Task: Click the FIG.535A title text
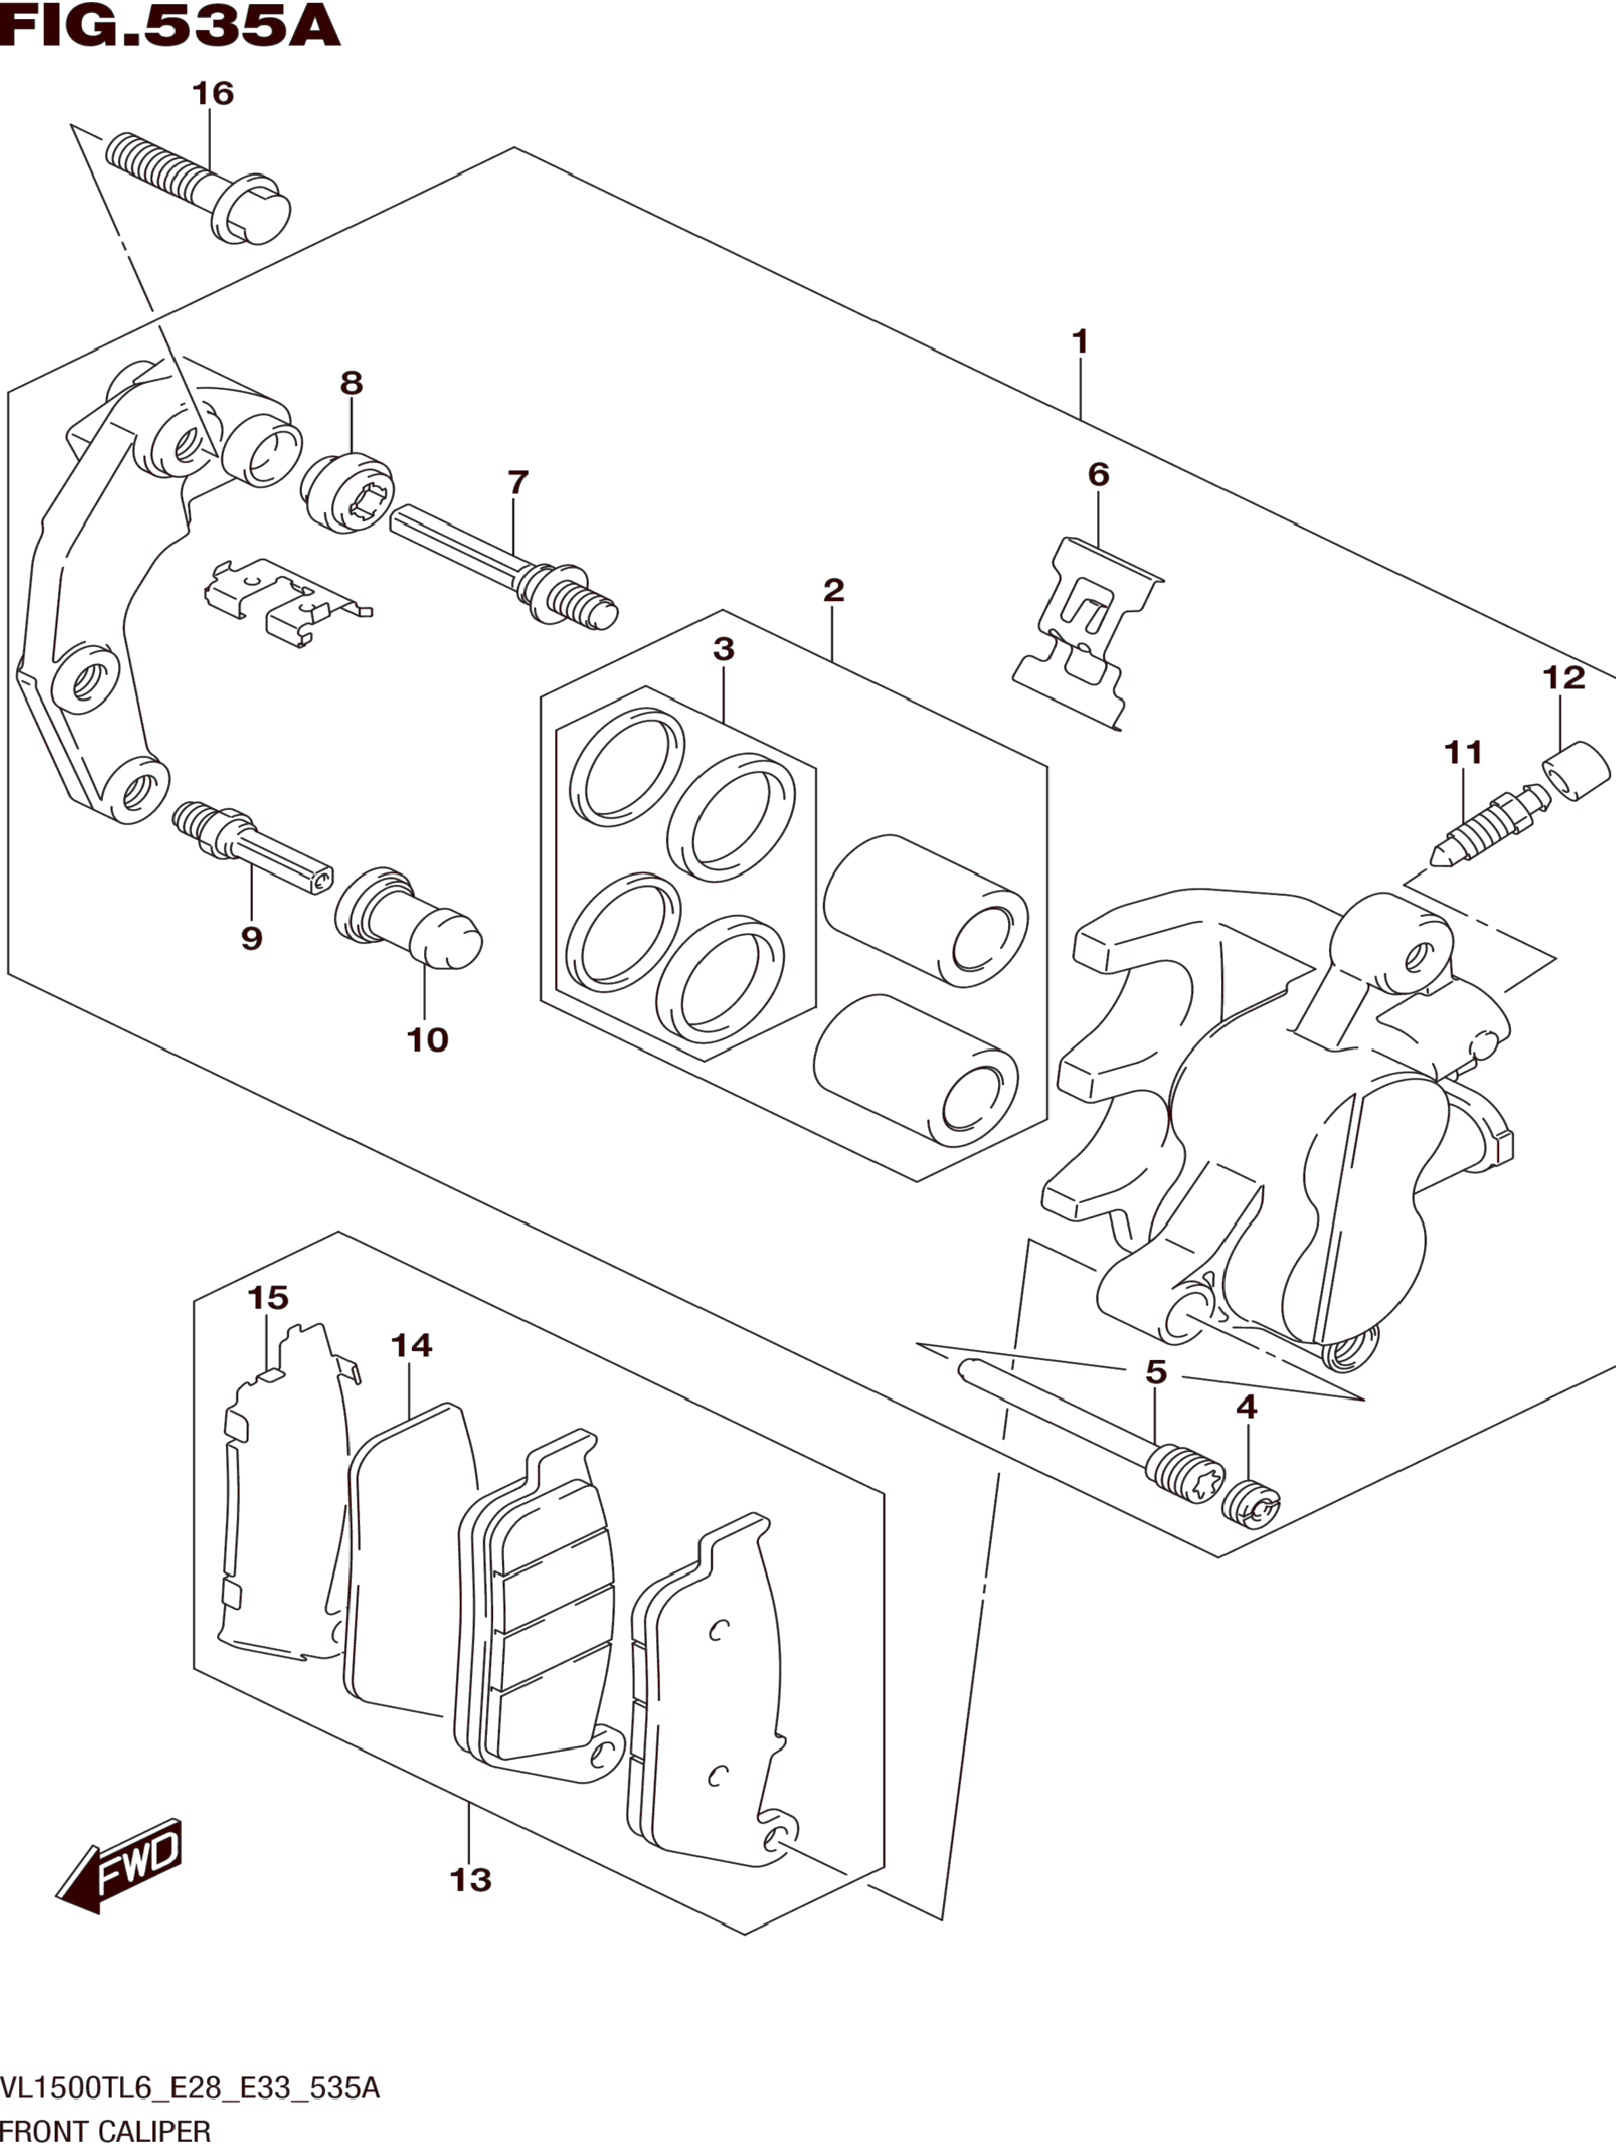click(171, 26)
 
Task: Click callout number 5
click(1155, 1372)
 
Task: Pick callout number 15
click(268, 1297)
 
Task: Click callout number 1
click(1080, 342)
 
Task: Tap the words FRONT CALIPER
click(106, 2132)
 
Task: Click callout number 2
click(833, 589)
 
